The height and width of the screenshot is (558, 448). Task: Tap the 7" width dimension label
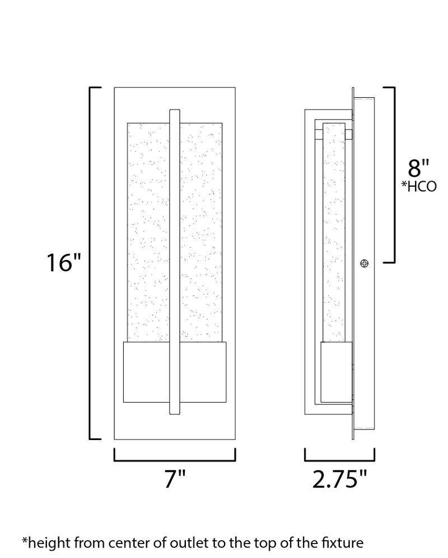click(x=174, y=479)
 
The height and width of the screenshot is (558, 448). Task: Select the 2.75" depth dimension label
click(x=339, y=479)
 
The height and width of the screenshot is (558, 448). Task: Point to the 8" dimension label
click(x=418, y=168)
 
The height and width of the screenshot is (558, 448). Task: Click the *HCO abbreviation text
click(x=418, y=187)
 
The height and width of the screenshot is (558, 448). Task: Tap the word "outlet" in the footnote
click(x=209, y=542)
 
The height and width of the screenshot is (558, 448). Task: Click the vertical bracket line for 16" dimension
click(x=91, y=263)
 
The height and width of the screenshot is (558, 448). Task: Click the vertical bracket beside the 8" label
click(x=394, y=174)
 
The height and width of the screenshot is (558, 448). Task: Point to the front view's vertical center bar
click(x=174, y=263)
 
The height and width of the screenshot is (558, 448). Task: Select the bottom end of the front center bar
click(x=174, y=413)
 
